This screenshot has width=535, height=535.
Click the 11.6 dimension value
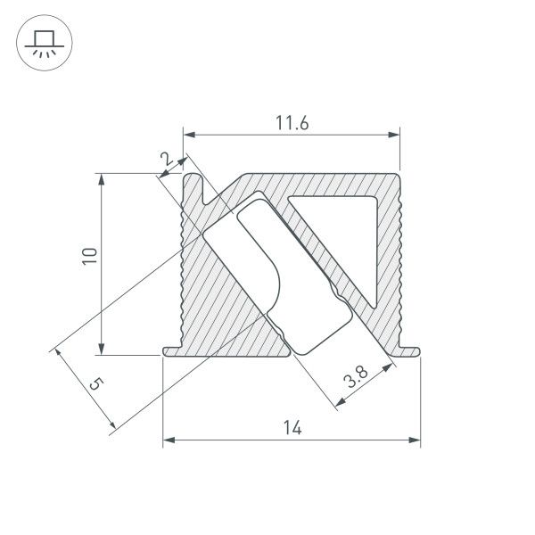(x=291, y=124)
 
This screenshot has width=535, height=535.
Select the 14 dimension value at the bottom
(x=292, y=428)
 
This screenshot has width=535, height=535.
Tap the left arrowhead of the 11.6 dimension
(x=189, y=136)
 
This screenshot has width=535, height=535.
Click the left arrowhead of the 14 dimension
(x=169, y=440)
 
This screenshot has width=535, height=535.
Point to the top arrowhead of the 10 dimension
(x=103, y=179)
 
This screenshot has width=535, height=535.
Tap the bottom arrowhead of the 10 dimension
(x=103, y=349)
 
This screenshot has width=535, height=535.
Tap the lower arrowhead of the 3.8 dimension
(x=340, y=407)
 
